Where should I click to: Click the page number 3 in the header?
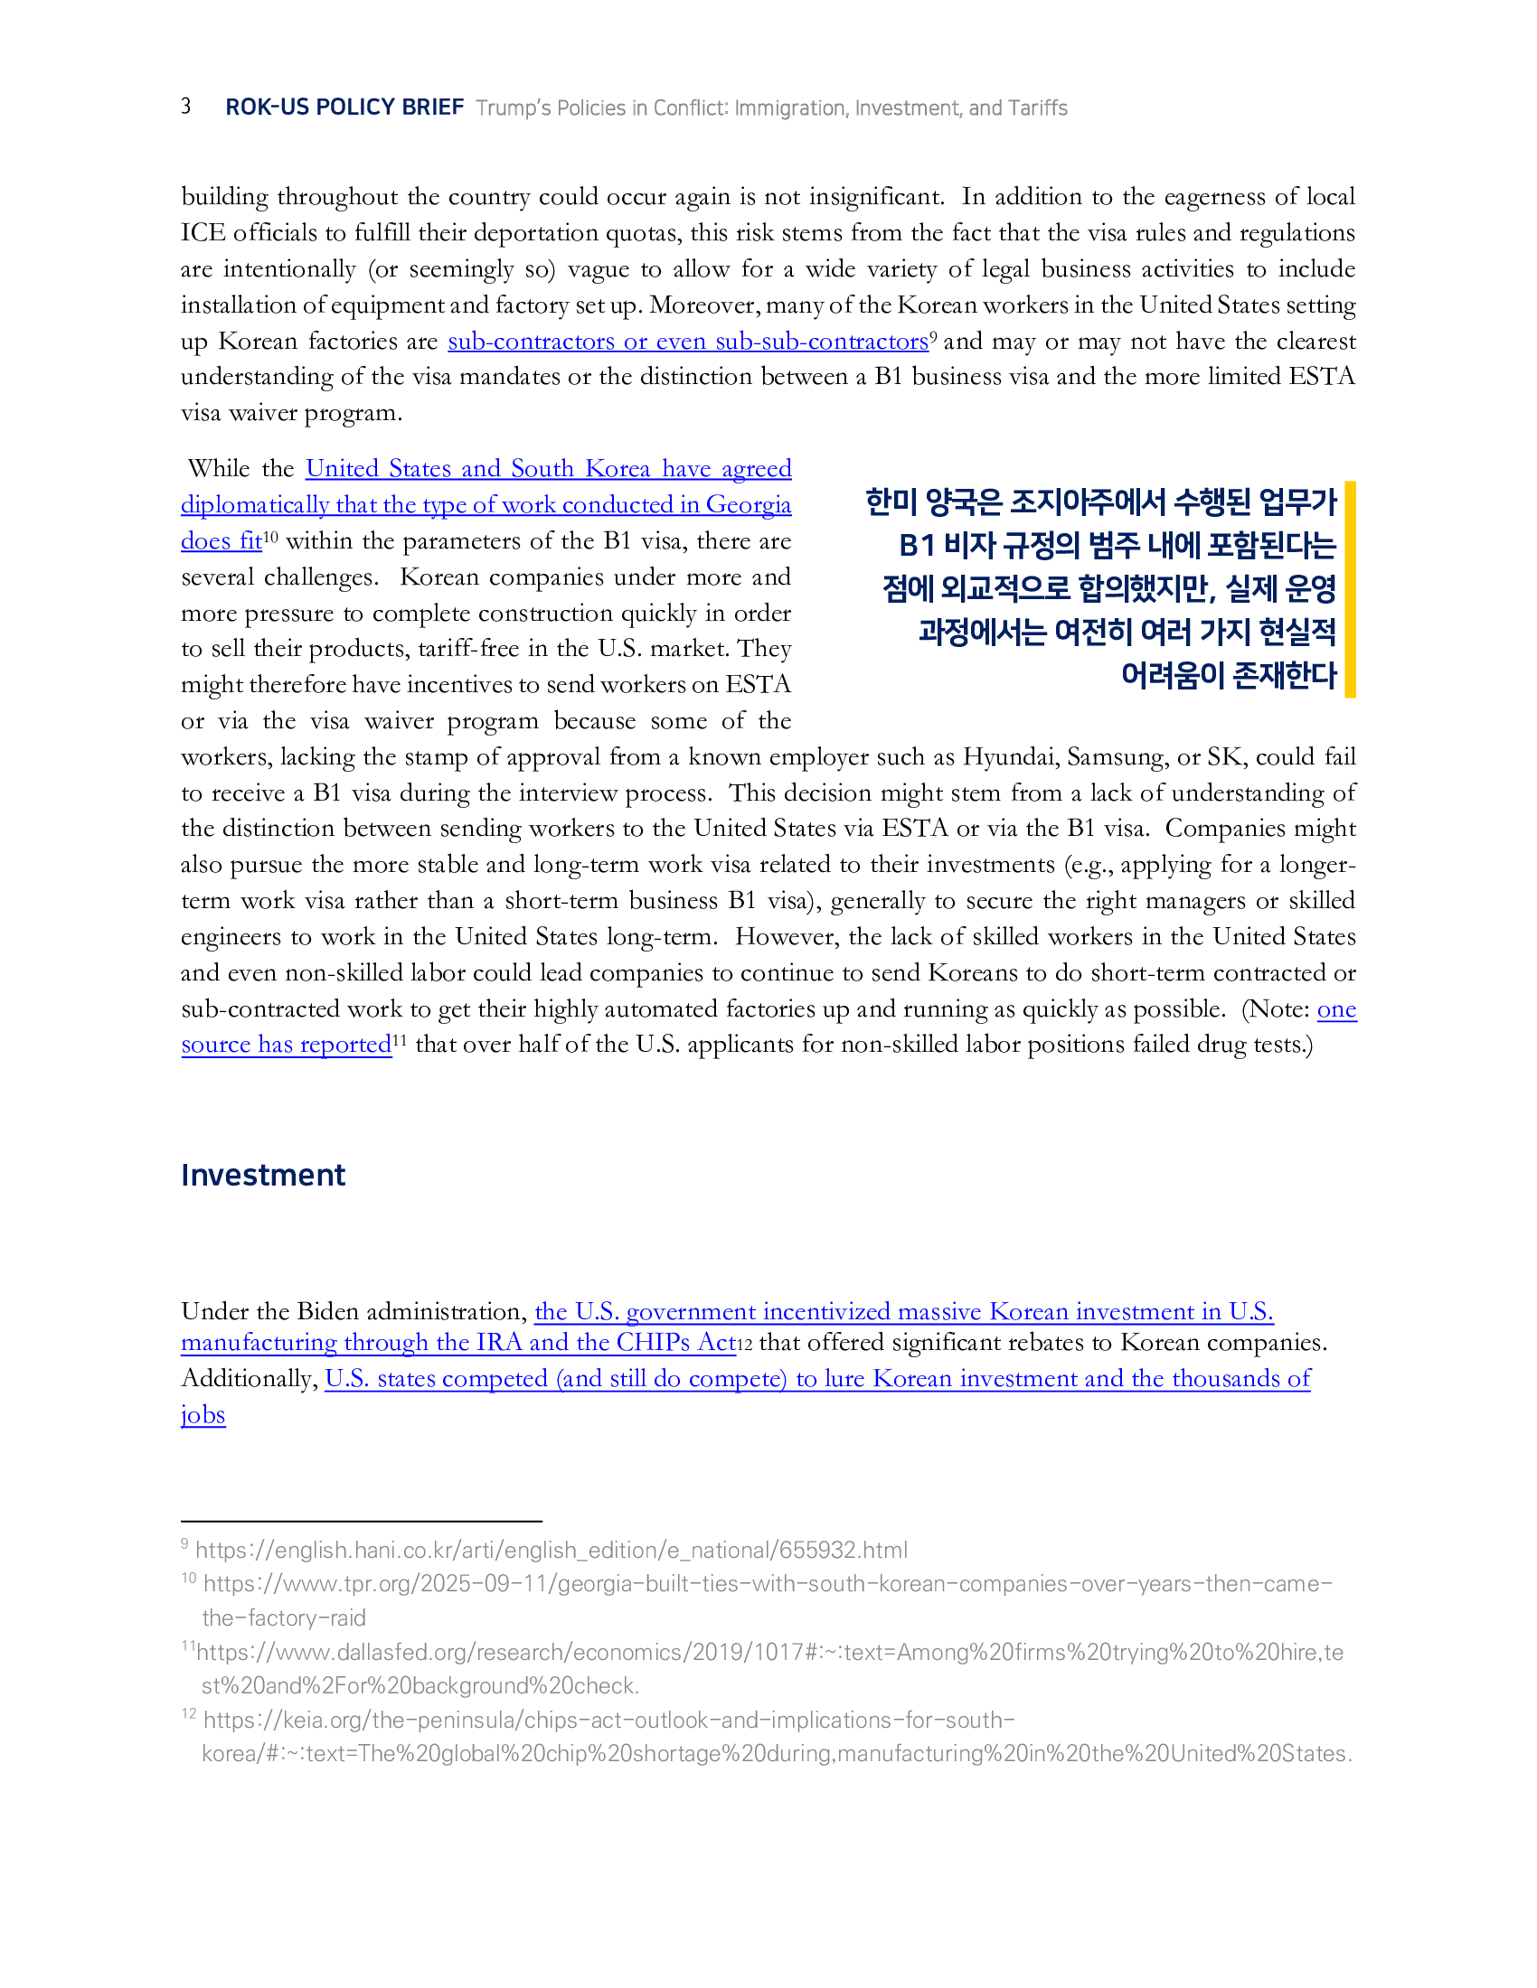[x=185, y=107]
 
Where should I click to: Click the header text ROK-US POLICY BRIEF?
[x=344, y=108]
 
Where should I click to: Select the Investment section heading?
[x=263, y=1175]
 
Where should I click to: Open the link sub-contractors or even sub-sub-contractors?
[x=687, y=342]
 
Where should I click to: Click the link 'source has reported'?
[x=286, y=1045]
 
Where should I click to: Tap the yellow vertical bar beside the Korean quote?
[x=1351, y=589]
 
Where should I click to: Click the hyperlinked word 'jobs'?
[x=203, y=1414]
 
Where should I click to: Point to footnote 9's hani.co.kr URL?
[x=551, y=1550]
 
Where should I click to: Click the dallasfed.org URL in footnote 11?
[x=769, y=1652]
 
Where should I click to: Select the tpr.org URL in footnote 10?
[x=768, y=1584]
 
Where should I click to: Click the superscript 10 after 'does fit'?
[x=270, y=537]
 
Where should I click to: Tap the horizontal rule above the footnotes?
[x=362, y=1521]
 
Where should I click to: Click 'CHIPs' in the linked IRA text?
[x=653, y=1343]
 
